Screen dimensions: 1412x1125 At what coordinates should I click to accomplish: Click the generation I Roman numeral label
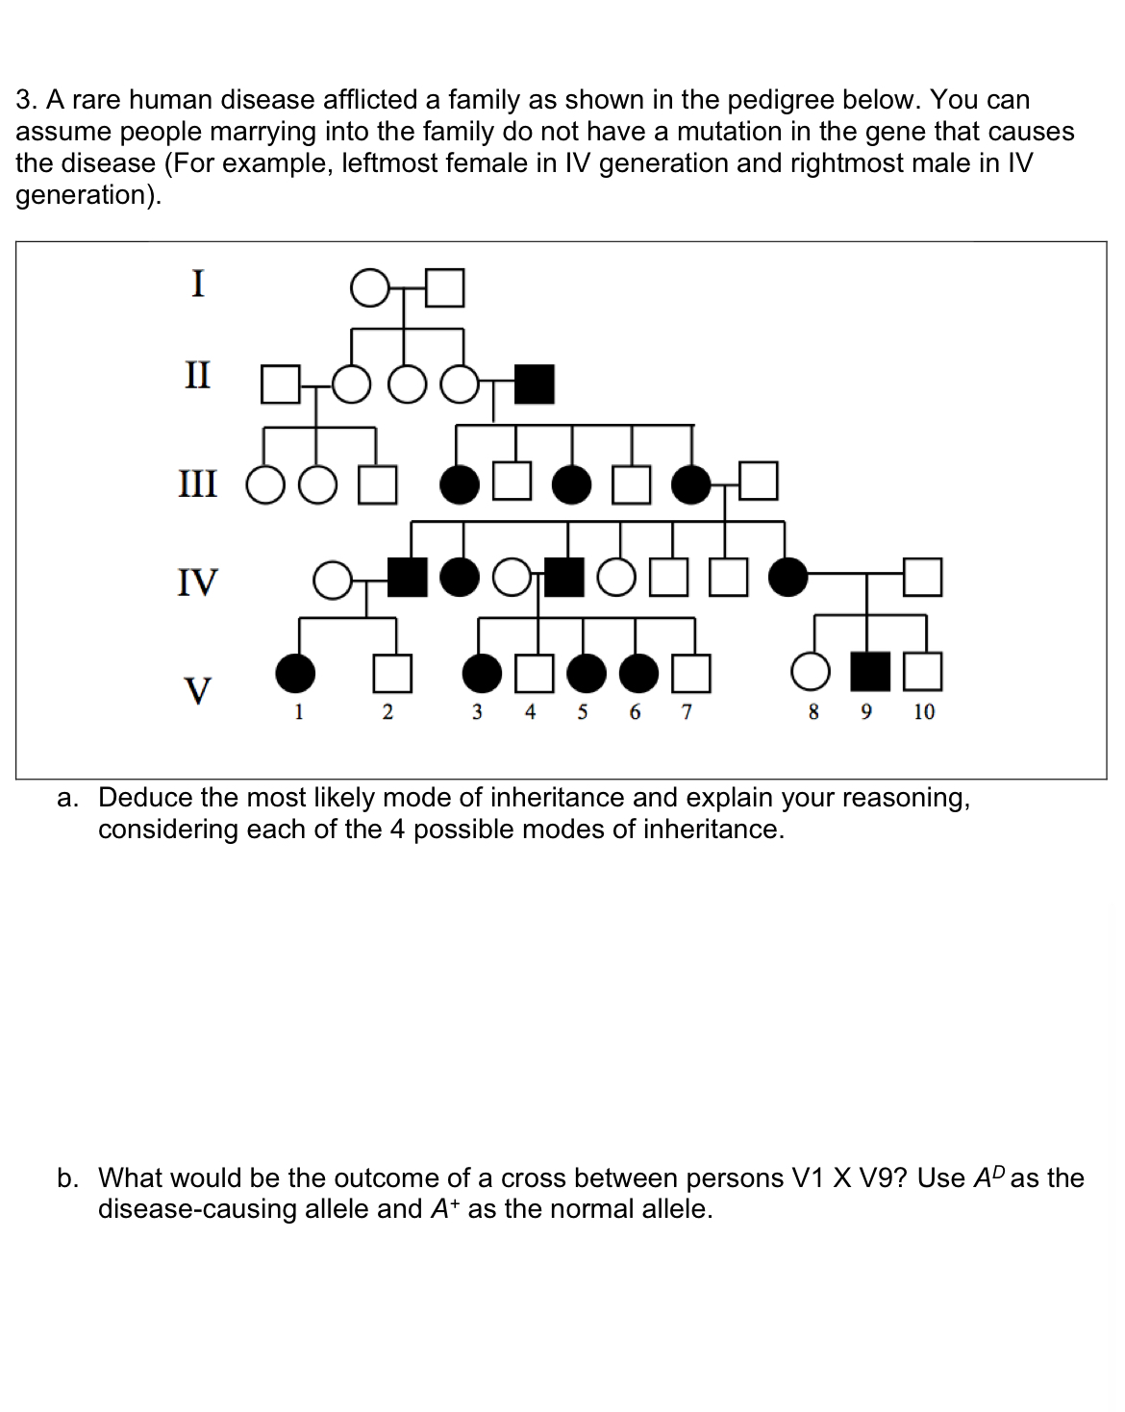[198, 284]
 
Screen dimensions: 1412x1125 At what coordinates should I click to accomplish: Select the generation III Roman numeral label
[198, 483]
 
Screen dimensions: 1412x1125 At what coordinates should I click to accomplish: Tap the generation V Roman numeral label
[198, 690]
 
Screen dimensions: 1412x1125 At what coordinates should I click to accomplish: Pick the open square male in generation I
[445, 287]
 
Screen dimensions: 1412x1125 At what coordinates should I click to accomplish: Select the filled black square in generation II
[535, 384]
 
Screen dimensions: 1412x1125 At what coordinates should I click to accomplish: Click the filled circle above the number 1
[295, 673]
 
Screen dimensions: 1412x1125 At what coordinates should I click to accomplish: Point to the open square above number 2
[392, 673]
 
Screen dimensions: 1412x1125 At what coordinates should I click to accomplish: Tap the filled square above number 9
[871, 672]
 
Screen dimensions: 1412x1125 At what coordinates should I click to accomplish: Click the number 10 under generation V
[924, 712]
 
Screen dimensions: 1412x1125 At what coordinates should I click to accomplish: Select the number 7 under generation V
[687, 712]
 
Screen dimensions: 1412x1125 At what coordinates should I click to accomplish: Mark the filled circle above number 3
[482, 673]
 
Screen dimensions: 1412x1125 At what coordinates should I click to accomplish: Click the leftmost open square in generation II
[281, 384]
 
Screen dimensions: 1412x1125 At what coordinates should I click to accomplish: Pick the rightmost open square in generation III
[758, 482]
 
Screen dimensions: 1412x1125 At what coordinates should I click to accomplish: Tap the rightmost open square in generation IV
[922, 577]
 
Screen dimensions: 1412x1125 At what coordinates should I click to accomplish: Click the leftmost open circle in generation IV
[333, 581]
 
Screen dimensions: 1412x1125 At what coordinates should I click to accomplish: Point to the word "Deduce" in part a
[145, 798]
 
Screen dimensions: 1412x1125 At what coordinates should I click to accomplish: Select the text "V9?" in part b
[883, 1178]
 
